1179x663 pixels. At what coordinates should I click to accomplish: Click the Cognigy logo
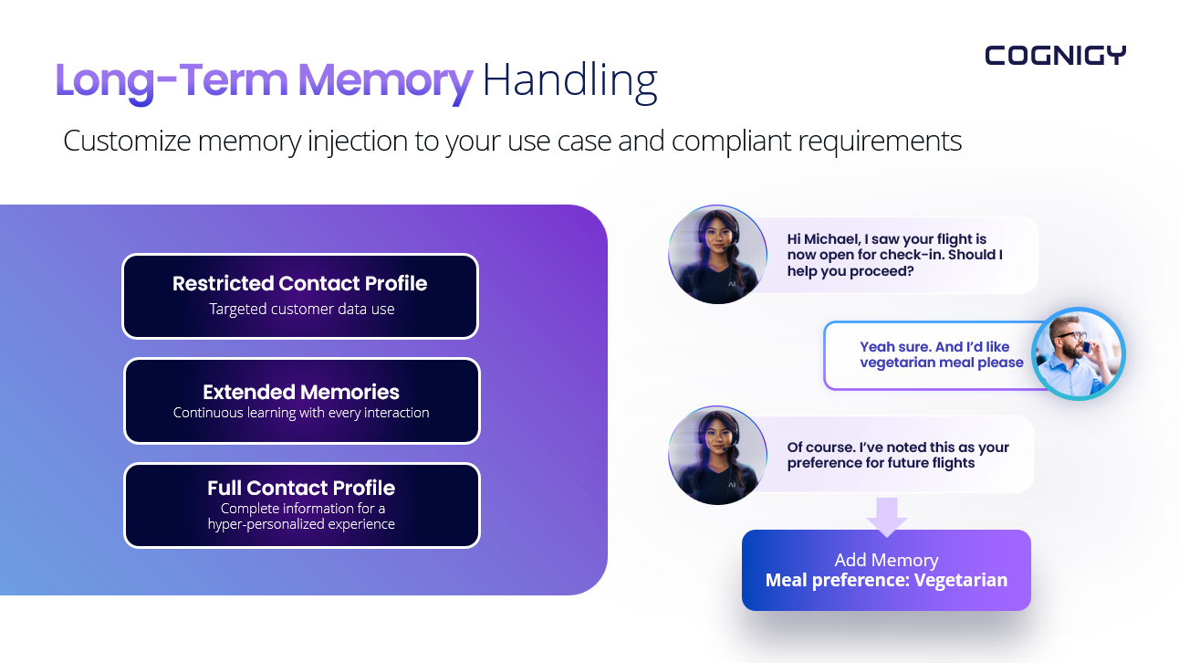(x=1055, y=56)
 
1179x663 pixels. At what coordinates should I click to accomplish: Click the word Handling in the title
(x=569, y=80)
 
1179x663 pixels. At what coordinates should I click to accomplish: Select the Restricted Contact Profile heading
(x=300, y=283)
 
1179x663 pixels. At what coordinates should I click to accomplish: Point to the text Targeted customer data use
(x=302, y=309)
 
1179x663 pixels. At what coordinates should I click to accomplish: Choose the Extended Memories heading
(x=301, y=392)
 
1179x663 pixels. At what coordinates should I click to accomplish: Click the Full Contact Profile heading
(x=301, y=488)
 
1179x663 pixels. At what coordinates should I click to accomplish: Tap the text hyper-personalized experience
(x=301, y=524)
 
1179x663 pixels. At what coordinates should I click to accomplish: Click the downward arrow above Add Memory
(x=886, y=516)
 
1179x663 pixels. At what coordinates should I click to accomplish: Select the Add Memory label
(x=886, y=560)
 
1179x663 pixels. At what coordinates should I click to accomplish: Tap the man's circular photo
(x=1078, y=354)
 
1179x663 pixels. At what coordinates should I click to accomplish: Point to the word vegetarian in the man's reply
(x=898, y=363)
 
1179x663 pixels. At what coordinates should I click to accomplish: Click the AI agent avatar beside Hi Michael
(x=717, y=255)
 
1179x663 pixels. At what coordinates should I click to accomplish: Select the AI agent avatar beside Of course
(x=717, y=455)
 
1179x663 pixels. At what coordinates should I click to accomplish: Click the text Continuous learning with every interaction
(x=301, y=413)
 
